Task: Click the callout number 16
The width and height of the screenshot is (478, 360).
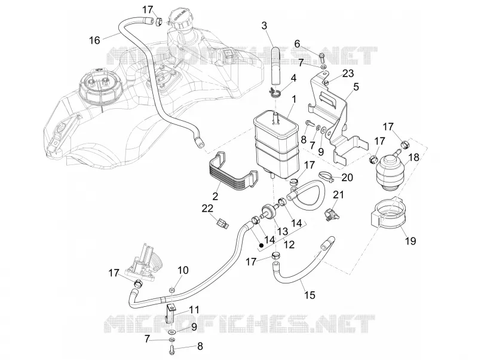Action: [x=95, y=40]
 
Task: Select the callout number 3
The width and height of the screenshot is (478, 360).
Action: [x=264, y=26]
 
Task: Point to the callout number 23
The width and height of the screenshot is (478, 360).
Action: [x=348, y=74]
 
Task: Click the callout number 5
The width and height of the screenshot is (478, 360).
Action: [x=356, y=87]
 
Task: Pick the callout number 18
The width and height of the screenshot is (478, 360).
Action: [x=413, y=157]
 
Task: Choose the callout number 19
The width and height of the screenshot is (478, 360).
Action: [x=410, y=241]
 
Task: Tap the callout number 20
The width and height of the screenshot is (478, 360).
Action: [x=347, y=177]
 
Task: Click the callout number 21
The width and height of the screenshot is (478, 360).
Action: [x=338, y=194]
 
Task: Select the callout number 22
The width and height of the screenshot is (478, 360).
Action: [x=207, y=208]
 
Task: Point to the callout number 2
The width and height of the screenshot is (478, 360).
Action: [x=215, y=196]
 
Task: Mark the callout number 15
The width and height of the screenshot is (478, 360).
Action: [x=310, y=295]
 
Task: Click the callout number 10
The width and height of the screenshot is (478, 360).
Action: [x=183, y=270]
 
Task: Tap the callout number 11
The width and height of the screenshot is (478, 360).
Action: [x=194, y=310]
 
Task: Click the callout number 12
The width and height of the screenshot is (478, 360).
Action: [x=289, y=245]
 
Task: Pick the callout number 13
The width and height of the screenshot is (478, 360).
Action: [x=283, y=231]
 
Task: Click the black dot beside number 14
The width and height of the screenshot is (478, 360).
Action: [x=261, y=245]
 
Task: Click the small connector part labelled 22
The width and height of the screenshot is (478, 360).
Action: [x=223, y=224]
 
